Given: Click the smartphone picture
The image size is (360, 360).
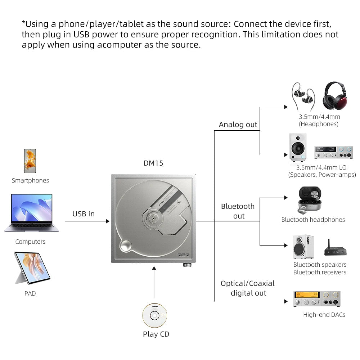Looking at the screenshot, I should click(30, 161).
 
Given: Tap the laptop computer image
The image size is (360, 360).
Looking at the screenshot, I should click(32, 213).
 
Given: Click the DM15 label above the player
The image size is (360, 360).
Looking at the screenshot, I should click(153, 163).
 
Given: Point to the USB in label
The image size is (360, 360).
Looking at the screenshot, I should click(84, 214).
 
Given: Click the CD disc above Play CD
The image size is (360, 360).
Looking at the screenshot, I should click(154, 315).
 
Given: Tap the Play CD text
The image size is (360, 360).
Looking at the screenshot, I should click(156, 334).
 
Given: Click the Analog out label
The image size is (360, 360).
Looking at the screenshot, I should click(238, 125).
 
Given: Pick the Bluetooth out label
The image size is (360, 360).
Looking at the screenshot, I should click(238, 211).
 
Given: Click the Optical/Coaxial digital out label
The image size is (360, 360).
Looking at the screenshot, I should click(248, 288).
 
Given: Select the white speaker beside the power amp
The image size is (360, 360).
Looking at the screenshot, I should click(298, 147).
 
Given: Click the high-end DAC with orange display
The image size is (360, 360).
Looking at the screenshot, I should click(316, 298).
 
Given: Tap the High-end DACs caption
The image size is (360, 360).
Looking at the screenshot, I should click(324, 315).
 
